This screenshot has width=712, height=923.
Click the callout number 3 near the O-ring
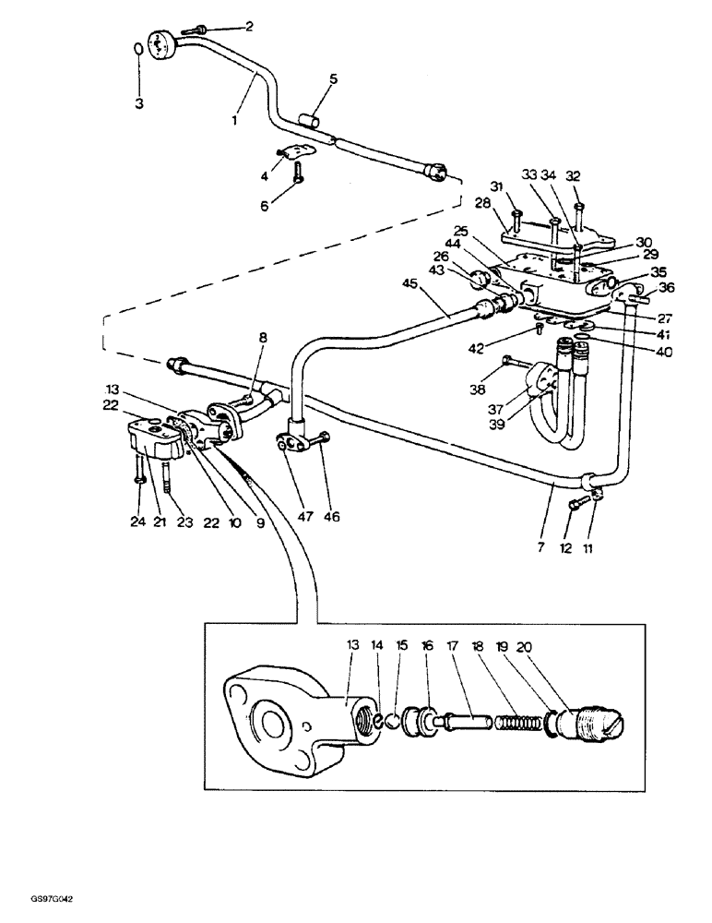pyautogui.click(x=139, y=104)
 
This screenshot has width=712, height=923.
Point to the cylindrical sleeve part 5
pyautogui.click(x=310, y=120)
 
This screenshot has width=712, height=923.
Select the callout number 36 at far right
pyautogui.click(x=667, y=287)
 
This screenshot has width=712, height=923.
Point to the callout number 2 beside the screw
pyautogui.click(x=247, y=26)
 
